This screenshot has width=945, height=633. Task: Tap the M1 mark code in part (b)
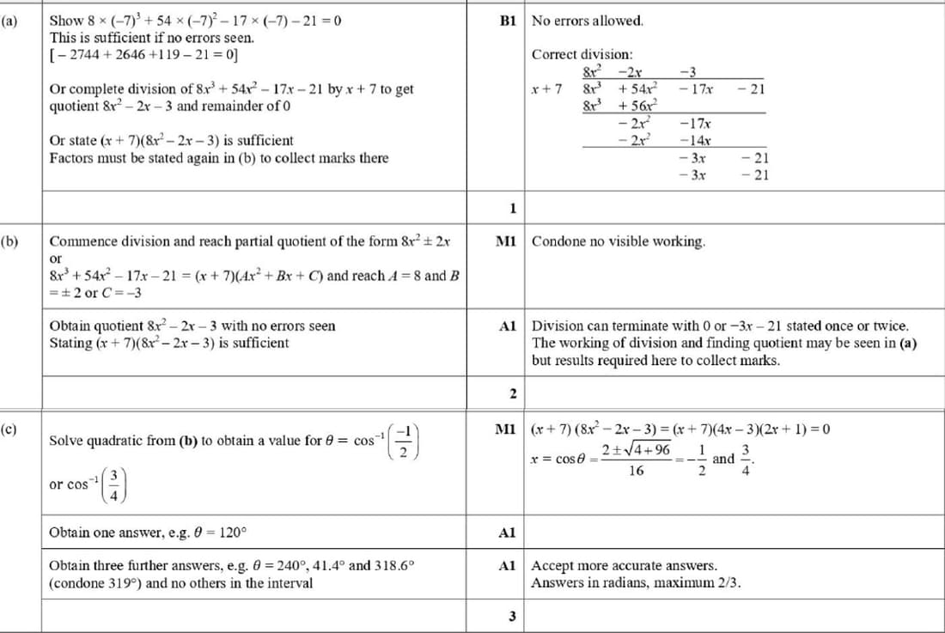(x=506, y=241)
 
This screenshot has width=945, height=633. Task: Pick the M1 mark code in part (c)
(x=506, y=428)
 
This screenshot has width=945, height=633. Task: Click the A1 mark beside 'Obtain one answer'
(x=507, y=533)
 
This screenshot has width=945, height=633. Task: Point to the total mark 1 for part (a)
(x=512, y=208)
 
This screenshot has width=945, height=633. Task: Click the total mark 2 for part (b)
(x=512, y=394)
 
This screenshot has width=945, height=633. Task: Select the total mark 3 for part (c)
(x=512, y=616)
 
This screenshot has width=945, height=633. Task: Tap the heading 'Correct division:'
(x=582, y=54)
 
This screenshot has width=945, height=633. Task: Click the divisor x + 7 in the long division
(x=547, y=88)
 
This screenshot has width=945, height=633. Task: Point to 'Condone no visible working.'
(x=619, y=241)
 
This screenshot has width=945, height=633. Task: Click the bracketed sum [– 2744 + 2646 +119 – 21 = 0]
(x=144, y=55)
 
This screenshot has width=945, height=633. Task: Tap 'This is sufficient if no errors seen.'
(x=152, y=38)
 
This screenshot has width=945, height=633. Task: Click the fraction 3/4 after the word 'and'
(x=747, y=459)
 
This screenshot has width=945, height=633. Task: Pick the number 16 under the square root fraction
(x=636, y=471)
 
